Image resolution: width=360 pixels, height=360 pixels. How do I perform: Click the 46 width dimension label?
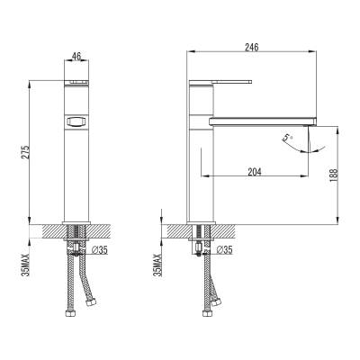(x=76, y=56)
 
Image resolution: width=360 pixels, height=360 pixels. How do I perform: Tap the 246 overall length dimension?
(x=252, y=47)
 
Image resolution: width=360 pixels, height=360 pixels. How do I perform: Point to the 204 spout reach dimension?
(x=255, y=172)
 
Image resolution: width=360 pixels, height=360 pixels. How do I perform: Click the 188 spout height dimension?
(x=334, y=175)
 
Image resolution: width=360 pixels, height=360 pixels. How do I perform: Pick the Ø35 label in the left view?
(x=100, y=249)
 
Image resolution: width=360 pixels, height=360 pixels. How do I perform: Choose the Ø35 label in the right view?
(x=224, y=249)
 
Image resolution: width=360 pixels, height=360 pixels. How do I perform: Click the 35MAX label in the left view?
(x=25, y=265)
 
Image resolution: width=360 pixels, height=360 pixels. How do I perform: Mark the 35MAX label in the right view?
(x=157, y=265)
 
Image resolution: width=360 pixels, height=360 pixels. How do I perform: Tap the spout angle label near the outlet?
(x=287, y=139)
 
